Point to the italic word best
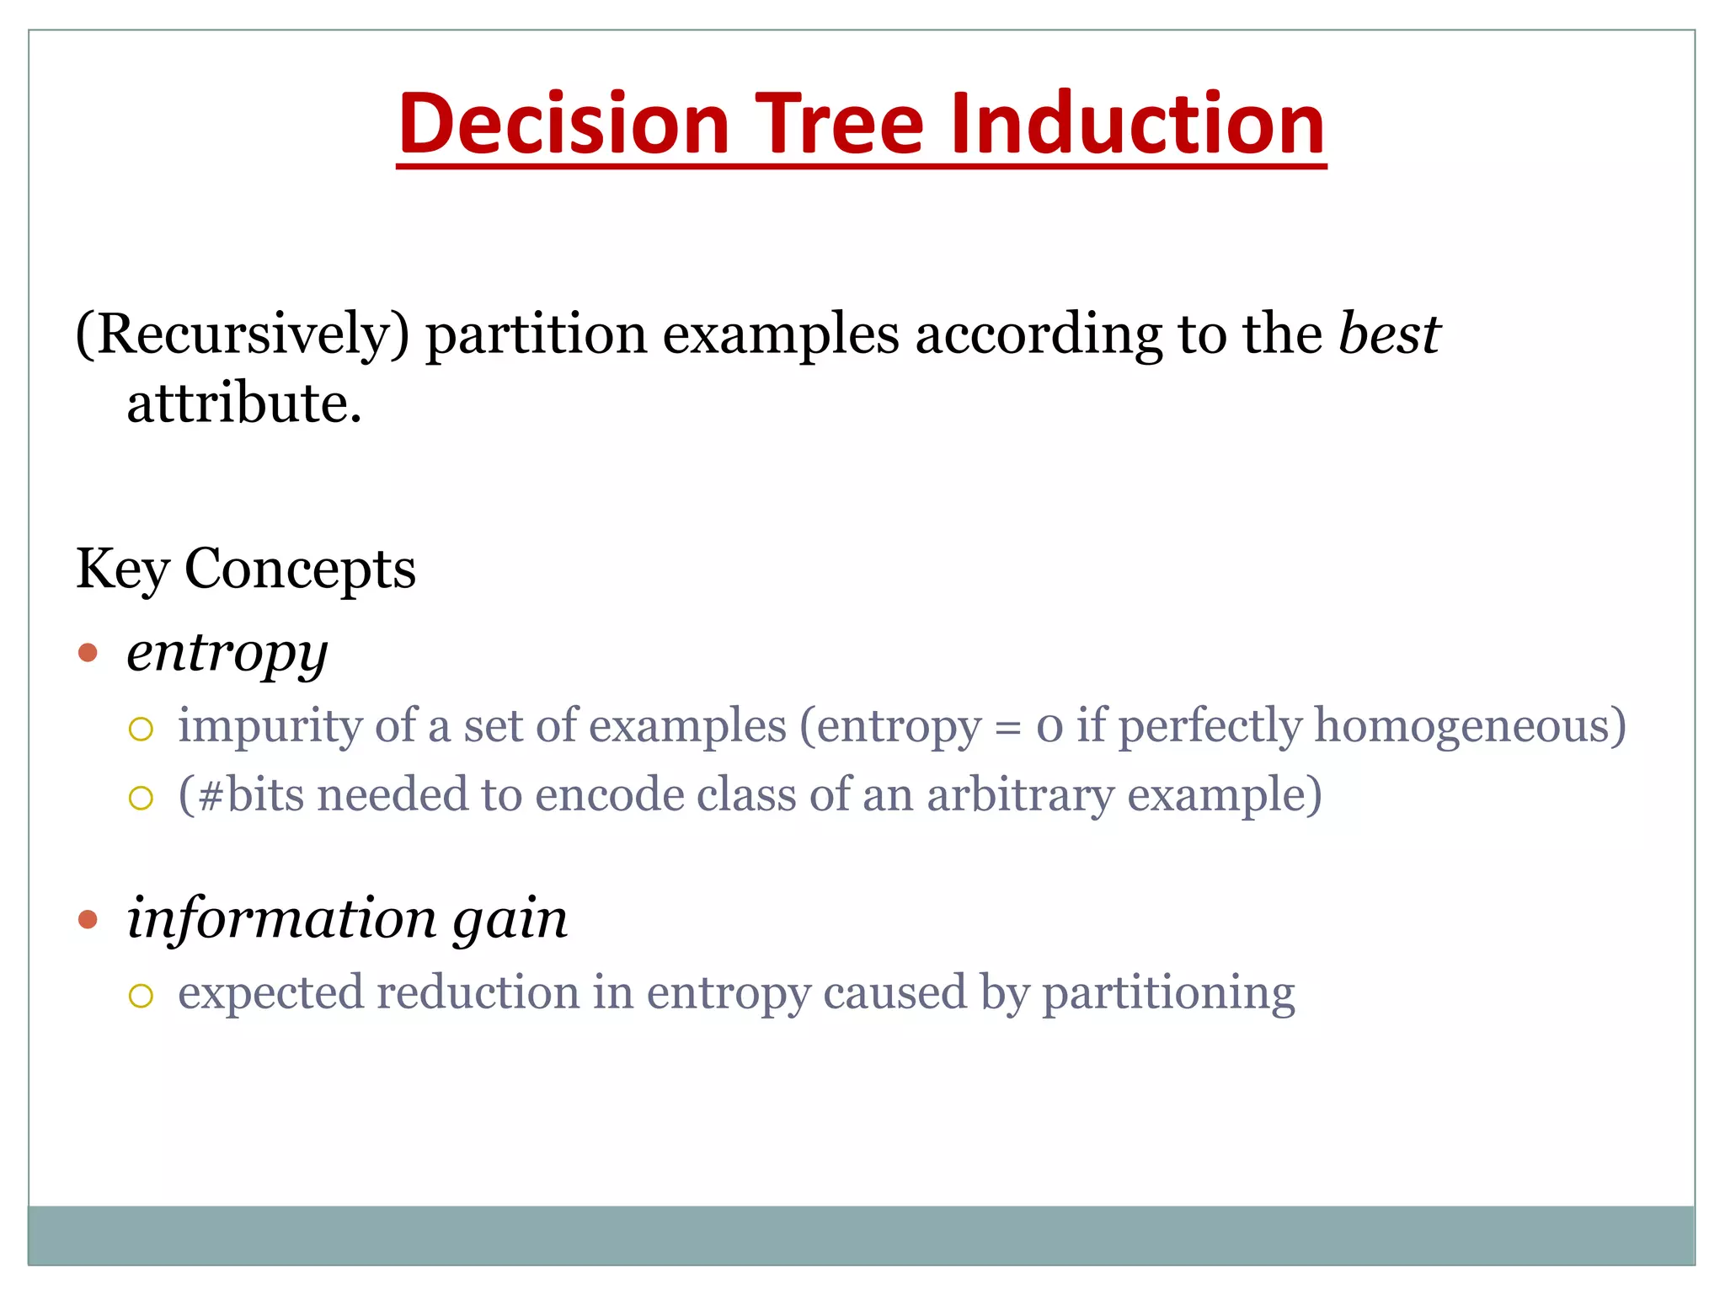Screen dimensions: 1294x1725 [1390, 334]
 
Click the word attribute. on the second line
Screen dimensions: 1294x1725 [244, 404]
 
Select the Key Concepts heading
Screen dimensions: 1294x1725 [246, 569]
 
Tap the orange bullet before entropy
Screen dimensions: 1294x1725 [88, 653]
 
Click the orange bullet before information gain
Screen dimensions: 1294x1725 [88, 919]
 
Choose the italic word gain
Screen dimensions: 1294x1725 [510, 920]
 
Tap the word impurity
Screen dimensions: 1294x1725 [270, 727]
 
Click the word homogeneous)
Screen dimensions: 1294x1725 [1470, 727]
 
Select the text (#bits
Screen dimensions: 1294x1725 [241, 795]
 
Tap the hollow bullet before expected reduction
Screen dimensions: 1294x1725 [141, 997]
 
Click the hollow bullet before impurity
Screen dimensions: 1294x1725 [141, 730]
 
